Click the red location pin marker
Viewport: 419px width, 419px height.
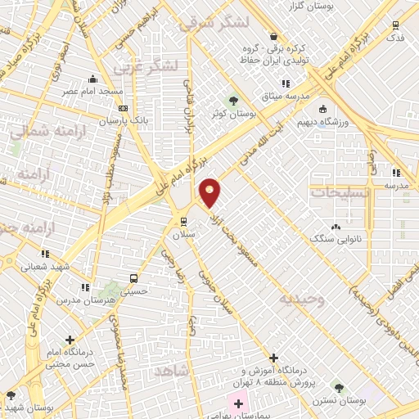[x=211, y=192]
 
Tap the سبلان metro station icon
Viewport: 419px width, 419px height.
[x=182, y=221]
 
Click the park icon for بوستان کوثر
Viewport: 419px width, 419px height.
[x=236, y=101]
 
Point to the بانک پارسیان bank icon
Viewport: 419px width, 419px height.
[x=123, y=107]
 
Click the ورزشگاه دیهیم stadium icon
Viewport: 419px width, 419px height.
[x=323, y=109]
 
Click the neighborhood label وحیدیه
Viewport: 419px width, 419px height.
[x=301, y=300]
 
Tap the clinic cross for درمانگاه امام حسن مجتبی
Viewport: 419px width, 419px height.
[x=70, y=339]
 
